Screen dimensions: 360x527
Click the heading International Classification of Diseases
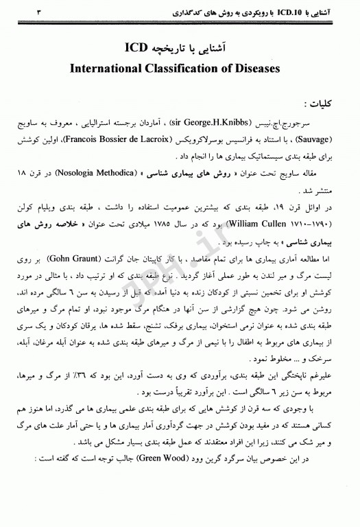pos(180,69)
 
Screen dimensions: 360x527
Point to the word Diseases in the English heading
pos(266,69)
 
